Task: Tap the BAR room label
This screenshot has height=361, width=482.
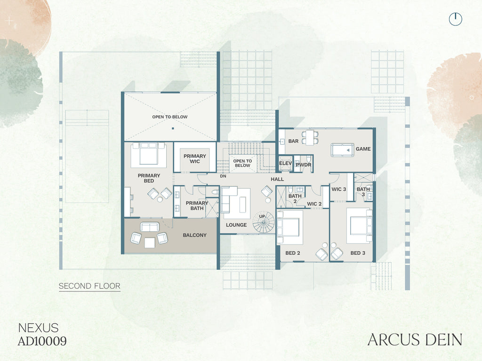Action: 293,141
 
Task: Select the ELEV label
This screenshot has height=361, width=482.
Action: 285,163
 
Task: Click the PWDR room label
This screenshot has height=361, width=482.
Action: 304,165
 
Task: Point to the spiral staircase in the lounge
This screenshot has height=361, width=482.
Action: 264,222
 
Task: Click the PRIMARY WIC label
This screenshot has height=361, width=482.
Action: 194,159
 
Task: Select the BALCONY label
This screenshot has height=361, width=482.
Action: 194,235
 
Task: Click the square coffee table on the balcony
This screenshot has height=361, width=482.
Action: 150,243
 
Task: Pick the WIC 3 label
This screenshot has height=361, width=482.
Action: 339,189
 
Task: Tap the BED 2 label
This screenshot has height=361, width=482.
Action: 293,253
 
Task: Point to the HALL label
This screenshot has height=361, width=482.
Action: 277,179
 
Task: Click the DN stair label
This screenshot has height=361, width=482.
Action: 223,176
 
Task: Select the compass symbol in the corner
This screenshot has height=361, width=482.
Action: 456,19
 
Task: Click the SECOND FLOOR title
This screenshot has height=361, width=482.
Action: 89,286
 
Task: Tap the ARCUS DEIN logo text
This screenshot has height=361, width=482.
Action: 415,340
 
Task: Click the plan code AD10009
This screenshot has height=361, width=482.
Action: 42,341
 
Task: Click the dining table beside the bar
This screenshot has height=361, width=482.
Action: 310,137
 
